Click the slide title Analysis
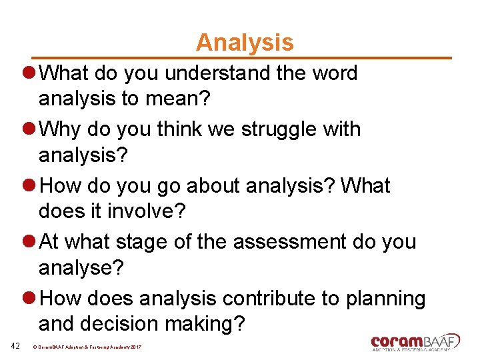pyautogui.click(x=244, y=43)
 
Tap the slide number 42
pyautogui.click(x=17, y=345)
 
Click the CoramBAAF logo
pyautogui.click(x=415, y=342)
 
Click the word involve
pyautogui.click(x=151, y=211)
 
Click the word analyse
pyautogui.click(x=77, y=267)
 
